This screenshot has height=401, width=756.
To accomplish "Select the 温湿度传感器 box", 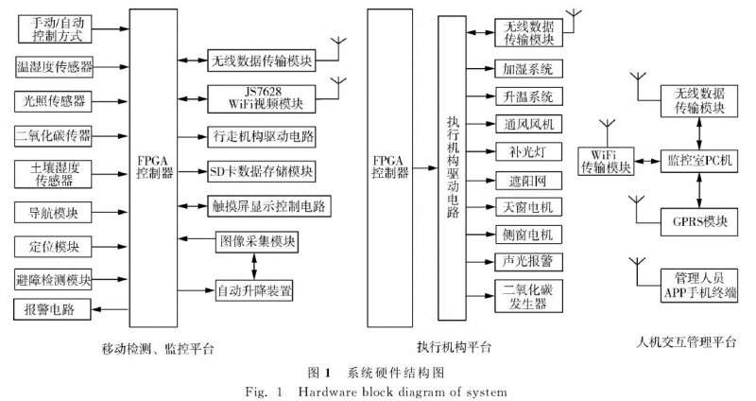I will coord(55,67).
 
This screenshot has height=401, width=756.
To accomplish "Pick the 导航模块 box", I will coord(55,212).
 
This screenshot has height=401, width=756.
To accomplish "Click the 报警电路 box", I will coord(53,309).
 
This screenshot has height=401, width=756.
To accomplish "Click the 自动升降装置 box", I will coord(254,288).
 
